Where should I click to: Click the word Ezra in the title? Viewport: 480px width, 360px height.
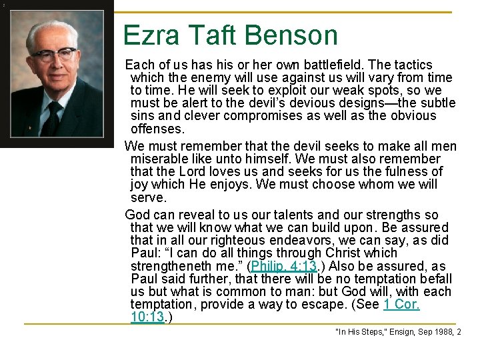click(x=149, y=35)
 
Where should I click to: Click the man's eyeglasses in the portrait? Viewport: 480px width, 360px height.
click(x=55, y=55)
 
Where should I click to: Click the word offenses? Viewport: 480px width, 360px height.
click(x=157, y=129)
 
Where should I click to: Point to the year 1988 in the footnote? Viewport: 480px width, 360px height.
click(x=441, y=331)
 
